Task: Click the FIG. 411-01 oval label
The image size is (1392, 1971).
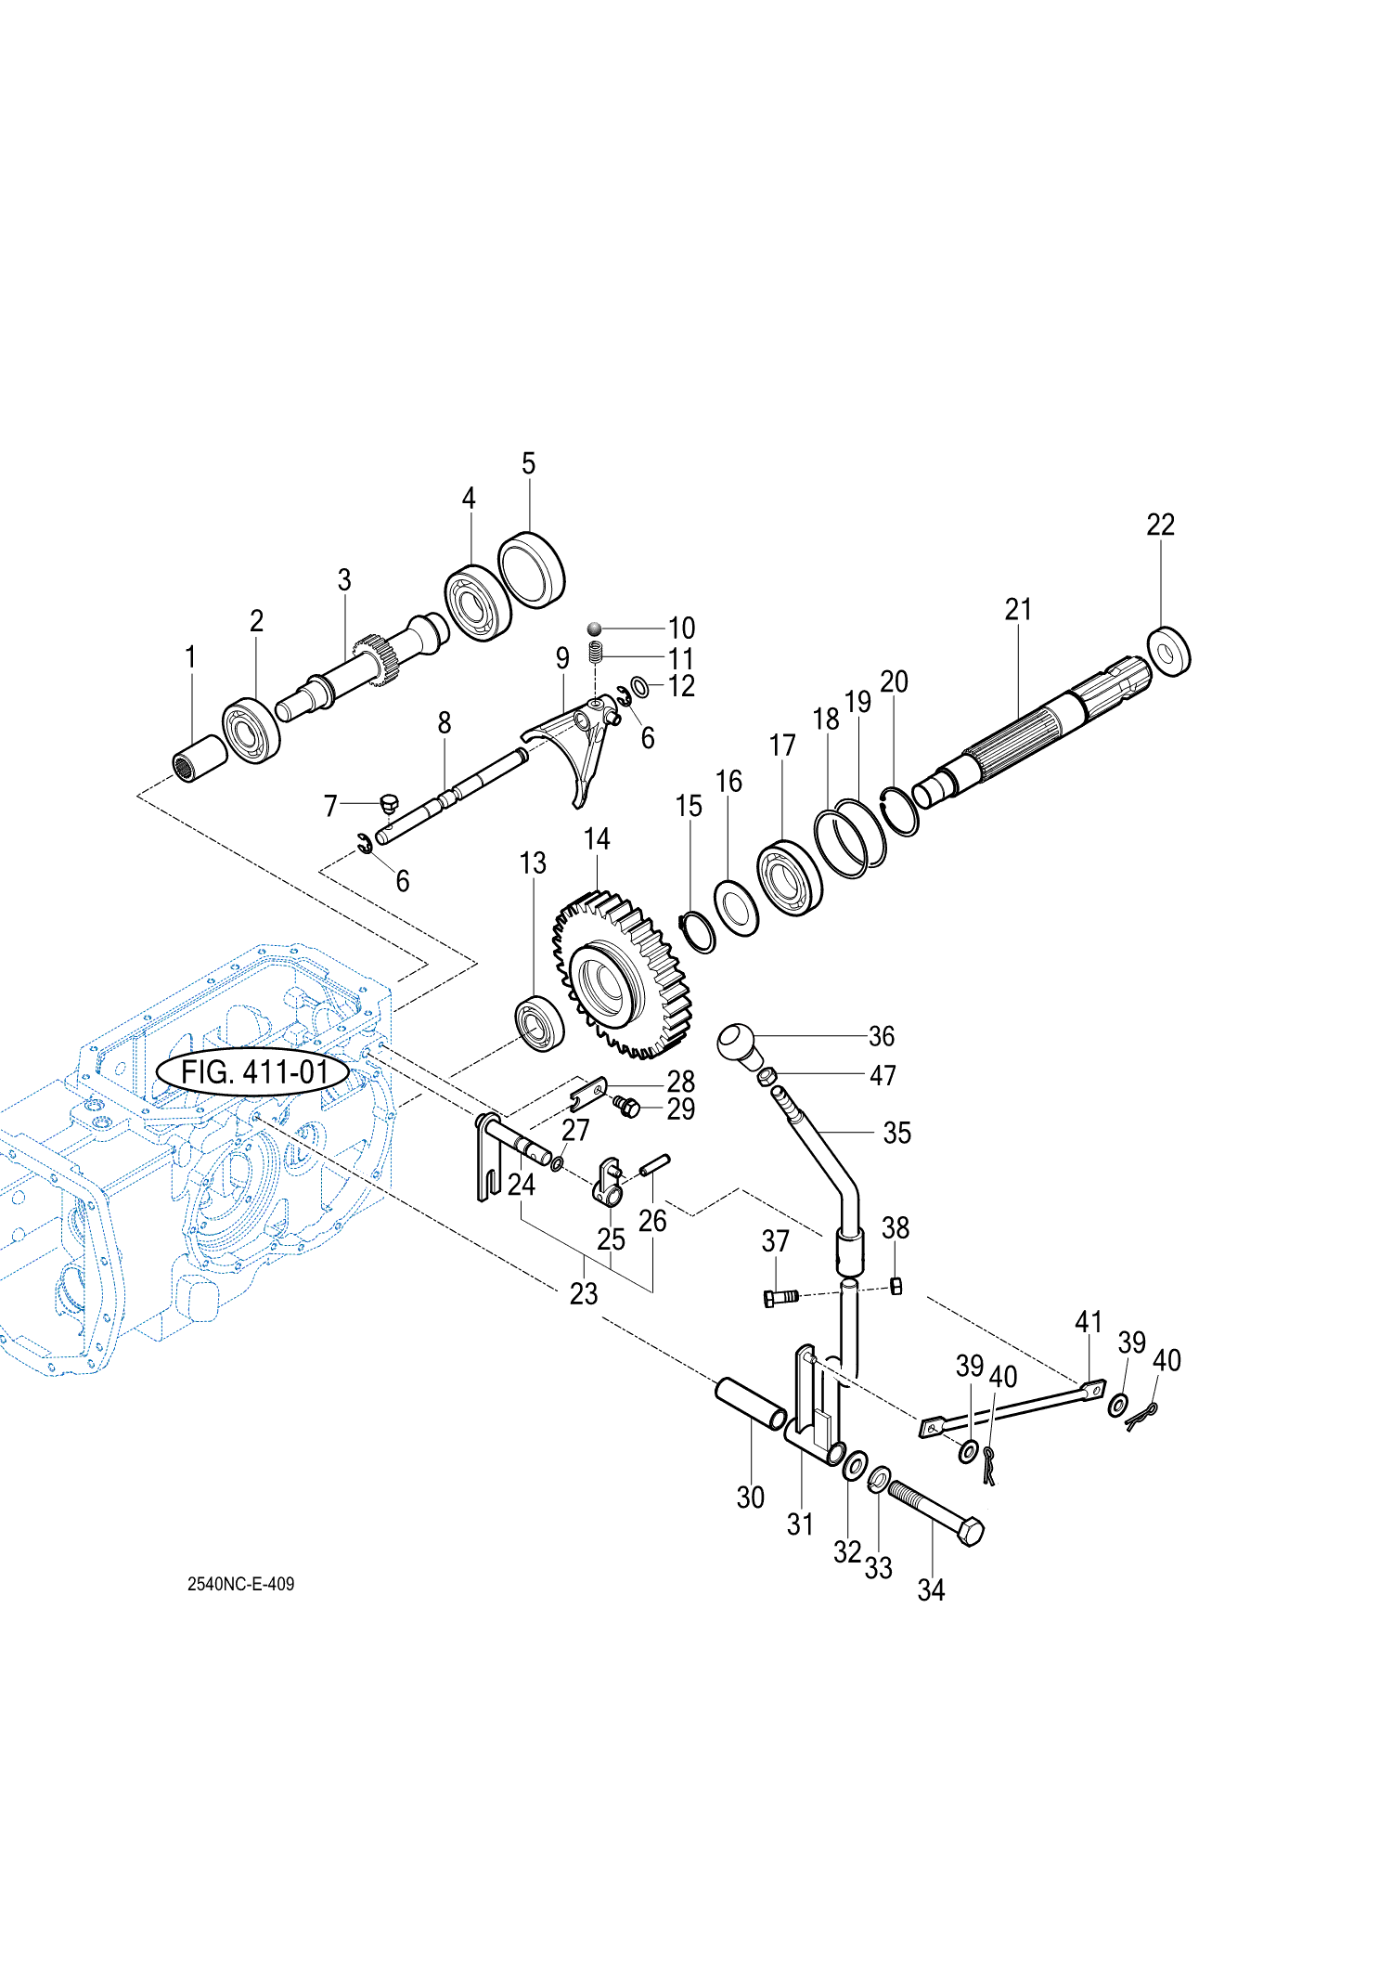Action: [253, 1072]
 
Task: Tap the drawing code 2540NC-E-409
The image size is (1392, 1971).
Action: [240, 1584]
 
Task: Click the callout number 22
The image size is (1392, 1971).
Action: [1160, 525]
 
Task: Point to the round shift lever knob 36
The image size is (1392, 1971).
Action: [738, 1042]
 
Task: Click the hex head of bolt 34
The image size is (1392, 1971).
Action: [969, 1530]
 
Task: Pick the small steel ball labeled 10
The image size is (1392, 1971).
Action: [595, 629]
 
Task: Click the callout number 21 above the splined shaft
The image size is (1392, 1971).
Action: [1018, 609]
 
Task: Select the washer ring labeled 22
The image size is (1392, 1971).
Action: [1169, 652]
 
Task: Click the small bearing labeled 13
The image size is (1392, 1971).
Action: [539, 1022]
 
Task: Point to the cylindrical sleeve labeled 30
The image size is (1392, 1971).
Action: [750, 1405]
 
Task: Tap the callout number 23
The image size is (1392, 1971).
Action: [583, 1293]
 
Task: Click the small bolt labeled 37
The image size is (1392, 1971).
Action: [780, 1297]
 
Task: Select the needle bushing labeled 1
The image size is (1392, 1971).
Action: [200, 758]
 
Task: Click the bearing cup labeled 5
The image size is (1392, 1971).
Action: [531, 569]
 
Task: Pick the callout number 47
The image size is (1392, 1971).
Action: [883, 1075]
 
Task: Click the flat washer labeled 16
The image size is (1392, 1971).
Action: [736, 909]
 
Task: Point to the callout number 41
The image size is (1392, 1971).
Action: [1088, 1321]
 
